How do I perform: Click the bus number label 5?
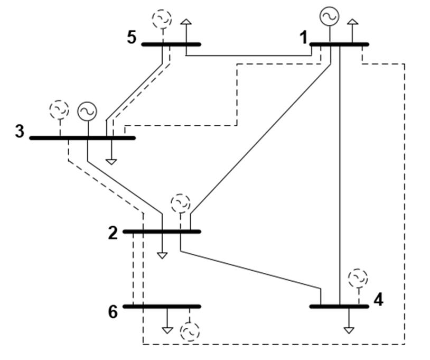pos(132,38)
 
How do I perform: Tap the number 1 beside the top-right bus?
pos(303,38)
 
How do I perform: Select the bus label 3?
pos(20,131)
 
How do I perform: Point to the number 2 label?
pos(113,233)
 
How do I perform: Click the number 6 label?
pos(113,312)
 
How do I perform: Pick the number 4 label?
pos(378,300)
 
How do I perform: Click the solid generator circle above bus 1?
pos(329,17)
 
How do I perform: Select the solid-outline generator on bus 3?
pos(87,111)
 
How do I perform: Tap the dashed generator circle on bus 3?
pos(59,110)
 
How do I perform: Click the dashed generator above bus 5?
pos(162,19)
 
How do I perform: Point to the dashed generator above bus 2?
pos(181,203)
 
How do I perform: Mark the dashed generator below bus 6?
pos(190,331)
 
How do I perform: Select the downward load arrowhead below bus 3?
pos(111,161)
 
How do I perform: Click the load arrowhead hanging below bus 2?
pos(162,255)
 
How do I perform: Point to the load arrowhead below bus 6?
pos(167,330)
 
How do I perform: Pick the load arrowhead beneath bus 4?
pos(349,330)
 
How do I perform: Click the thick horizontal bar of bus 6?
pos(162,306)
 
